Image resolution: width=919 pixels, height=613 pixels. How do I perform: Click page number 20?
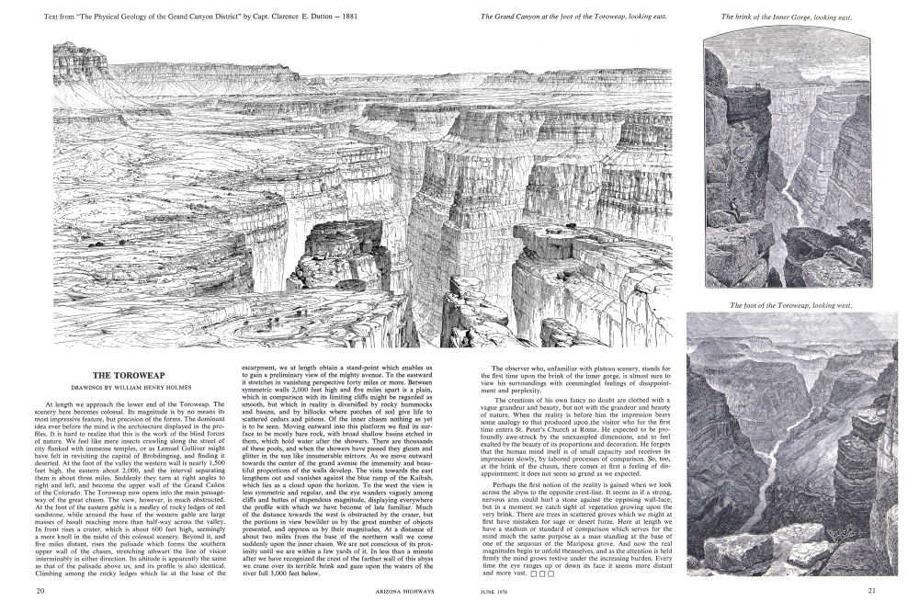tap(40, 590)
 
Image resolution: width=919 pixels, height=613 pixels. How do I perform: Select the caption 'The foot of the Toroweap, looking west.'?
tap(791, 305)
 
